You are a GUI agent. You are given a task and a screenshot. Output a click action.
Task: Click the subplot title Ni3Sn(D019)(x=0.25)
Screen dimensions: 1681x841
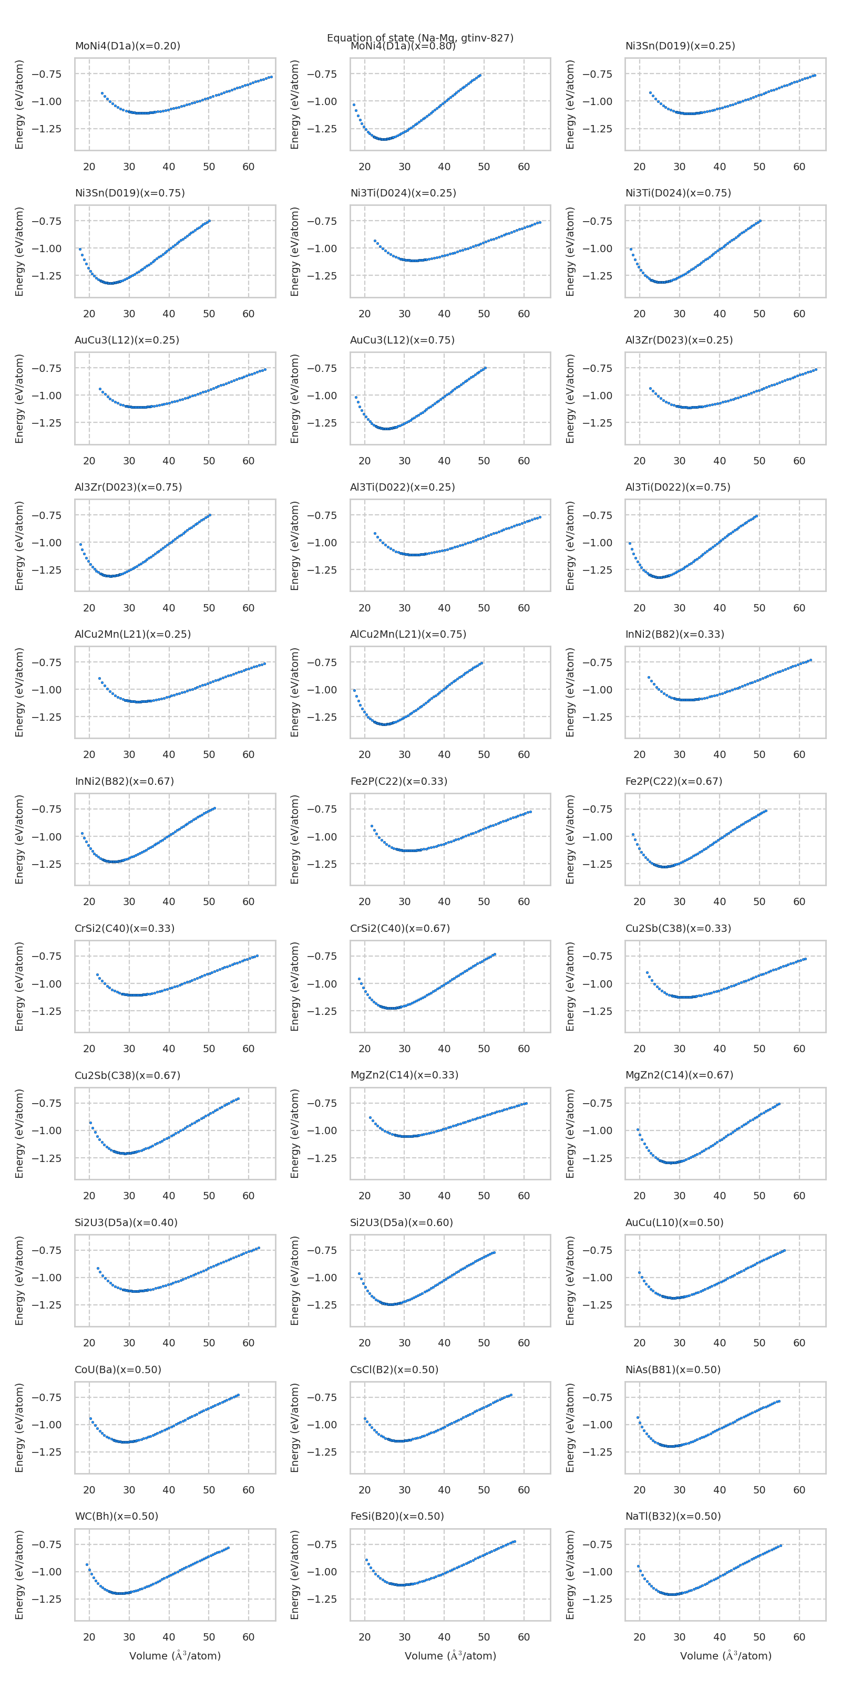click(680, 46)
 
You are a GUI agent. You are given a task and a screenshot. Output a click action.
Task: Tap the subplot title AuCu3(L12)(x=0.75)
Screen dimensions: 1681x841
click(402, 340)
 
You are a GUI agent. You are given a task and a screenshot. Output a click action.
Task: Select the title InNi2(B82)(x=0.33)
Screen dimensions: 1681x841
click(674, 634)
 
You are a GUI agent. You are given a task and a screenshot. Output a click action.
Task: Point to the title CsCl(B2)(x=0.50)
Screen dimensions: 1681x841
click(394, 1369)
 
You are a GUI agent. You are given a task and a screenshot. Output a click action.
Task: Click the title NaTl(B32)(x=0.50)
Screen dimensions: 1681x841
click(673, 1516)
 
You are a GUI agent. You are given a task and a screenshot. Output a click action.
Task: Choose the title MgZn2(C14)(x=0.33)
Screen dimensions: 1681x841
click(404, 1075)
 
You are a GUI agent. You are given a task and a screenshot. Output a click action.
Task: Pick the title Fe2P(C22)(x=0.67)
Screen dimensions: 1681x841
click(673, 781)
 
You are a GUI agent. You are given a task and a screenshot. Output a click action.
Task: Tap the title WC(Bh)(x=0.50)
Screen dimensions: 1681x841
click(116, 1516)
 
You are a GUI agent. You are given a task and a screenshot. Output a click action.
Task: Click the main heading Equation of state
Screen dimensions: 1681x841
click(420, 37)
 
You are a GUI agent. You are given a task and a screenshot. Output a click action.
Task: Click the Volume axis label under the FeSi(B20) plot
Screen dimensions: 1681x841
click(450, 1656)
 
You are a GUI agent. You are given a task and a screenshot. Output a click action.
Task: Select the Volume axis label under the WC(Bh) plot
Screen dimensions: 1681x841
click(175, 1656)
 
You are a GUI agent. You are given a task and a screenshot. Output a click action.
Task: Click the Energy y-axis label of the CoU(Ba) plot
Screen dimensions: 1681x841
click(19, 1428)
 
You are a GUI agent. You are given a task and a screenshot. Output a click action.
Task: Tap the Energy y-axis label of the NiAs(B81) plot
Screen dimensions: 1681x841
click(570, 1428)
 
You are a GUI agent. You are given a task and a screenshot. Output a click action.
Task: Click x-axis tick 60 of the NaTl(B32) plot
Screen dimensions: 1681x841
click(798, 1637)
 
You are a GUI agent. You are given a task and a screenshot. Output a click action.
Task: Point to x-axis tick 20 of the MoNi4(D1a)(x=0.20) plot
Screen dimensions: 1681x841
click(89, 167)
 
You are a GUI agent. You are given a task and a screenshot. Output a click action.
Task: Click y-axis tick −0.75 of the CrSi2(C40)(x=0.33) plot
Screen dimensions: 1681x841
click(47, 957)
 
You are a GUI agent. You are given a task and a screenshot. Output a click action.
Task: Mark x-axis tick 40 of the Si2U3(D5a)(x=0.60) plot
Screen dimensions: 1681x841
click(444, 1343)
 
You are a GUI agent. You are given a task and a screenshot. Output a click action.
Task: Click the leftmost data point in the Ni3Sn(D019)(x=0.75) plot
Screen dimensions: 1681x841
click(80, 248)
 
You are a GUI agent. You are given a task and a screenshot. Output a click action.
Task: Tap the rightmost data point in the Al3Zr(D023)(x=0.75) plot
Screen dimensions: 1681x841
click(210, 515)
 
